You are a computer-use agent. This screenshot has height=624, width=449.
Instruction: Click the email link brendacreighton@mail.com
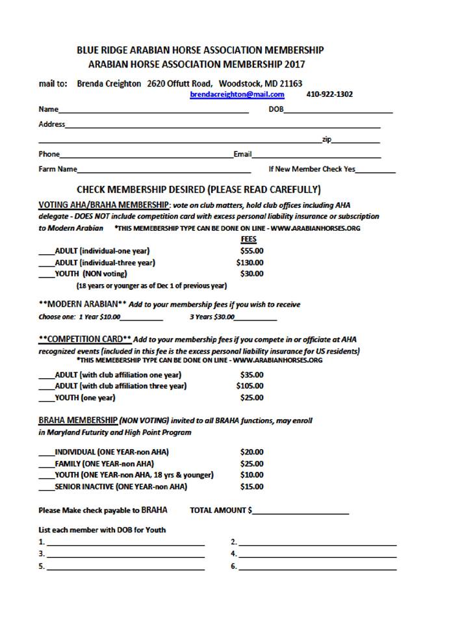pos(237,94)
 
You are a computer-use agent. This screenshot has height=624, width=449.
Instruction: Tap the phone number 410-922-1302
pos(329,94)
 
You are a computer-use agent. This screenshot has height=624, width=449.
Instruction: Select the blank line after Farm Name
pos(164,170)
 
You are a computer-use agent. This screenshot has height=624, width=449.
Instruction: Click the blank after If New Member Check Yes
pos(376,170)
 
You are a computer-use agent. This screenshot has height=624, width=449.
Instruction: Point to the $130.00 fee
pos(250,263)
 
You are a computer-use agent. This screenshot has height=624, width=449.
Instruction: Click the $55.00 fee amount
pos(251,251)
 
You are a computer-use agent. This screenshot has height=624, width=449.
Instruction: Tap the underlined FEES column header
pos(248,239)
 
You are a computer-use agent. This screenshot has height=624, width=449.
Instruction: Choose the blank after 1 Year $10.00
pos(141,318)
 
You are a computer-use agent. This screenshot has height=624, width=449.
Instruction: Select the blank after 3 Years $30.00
pos(255,318)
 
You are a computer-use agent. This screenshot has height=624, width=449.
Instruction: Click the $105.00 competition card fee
pos(250,386)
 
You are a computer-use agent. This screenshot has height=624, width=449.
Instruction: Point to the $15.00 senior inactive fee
pos(251,486)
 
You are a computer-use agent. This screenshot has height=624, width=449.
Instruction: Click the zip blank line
pos(356,141)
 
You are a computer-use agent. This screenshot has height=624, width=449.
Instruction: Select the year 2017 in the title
pos(294,64)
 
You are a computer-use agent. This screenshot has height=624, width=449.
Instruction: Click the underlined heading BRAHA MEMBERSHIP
pos(78,421)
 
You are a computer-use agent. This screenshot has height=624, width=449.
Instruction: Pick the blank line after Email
pos(316,155)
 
